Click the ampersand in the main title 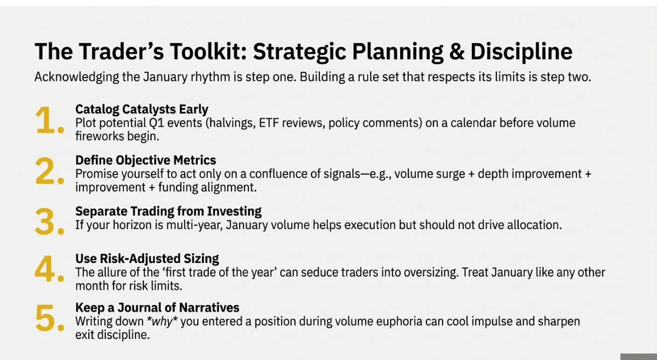tap(457, 51)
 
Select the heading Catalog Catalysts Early tap(142, 109)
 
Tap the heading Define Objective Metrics tap(146, 160)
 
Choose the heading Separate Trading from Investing tap(169, 211)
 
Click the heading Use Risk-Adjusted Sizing tap(147, 259)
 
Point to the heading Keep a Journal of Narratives tap(157, 308)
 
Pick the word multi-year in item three tap(194, 225)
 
